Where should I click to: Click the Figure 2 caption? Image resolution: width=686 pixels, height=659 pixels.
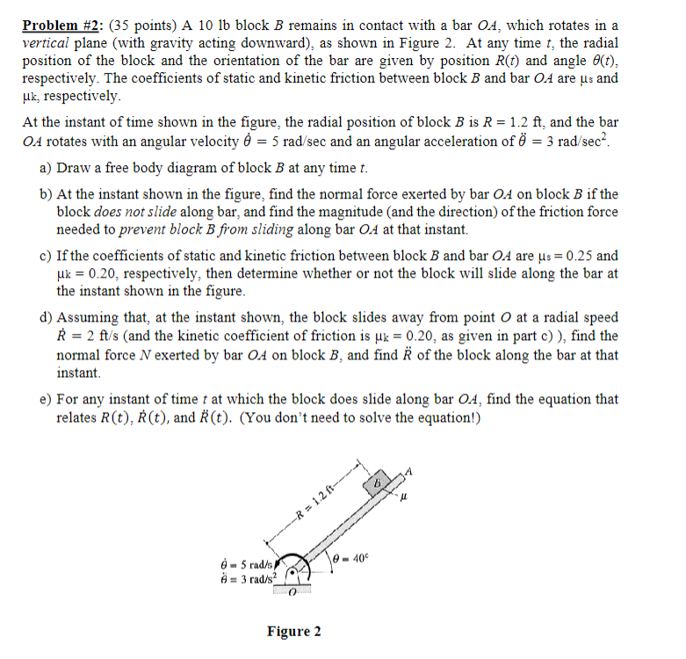[x=294, y=631]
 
